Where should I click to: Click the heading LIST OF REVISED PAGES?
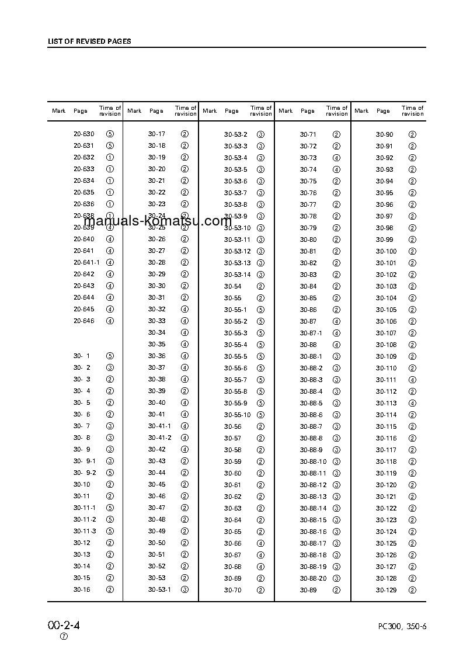click(x=89, y=41)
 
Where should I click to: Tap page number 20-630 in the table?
click(x=83, y=134)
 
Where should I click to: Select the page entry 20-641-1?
click(x=86, y=263)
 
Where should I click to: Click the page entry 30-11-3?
click(x=85, y=532)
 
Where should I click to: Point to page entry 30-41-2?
click(x=159, y=438)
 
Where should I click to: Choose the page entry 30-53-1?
click(x=159, y=589)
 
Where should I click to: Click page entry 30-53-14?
click(x=237, y=275)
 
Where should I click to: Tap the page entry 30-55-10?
click(x=237, y=415)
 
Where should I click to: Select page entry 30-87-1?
click(x=311, y=333)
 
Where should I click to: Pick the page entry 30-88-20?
click(x=313, y=578)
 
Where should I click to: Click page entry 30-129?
click(x=386, y=590)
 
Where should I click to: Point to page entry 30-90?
click(x=384, y=134)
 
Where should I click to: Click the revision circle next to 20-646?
click(x=110, y=321)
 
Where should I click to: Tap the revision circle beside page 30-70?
click(x=260, y=590)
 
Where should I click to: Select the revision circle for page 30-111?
click(x=412, y=380)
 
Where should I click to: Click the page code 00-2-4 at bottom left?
click(x=64, y=625)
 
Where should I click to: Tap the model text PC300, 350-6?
click(x=402, y=627)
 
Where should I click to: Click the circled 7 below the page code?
click(x=64, y=637)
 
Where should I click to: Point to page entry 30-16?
click(x=82, y=589)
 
